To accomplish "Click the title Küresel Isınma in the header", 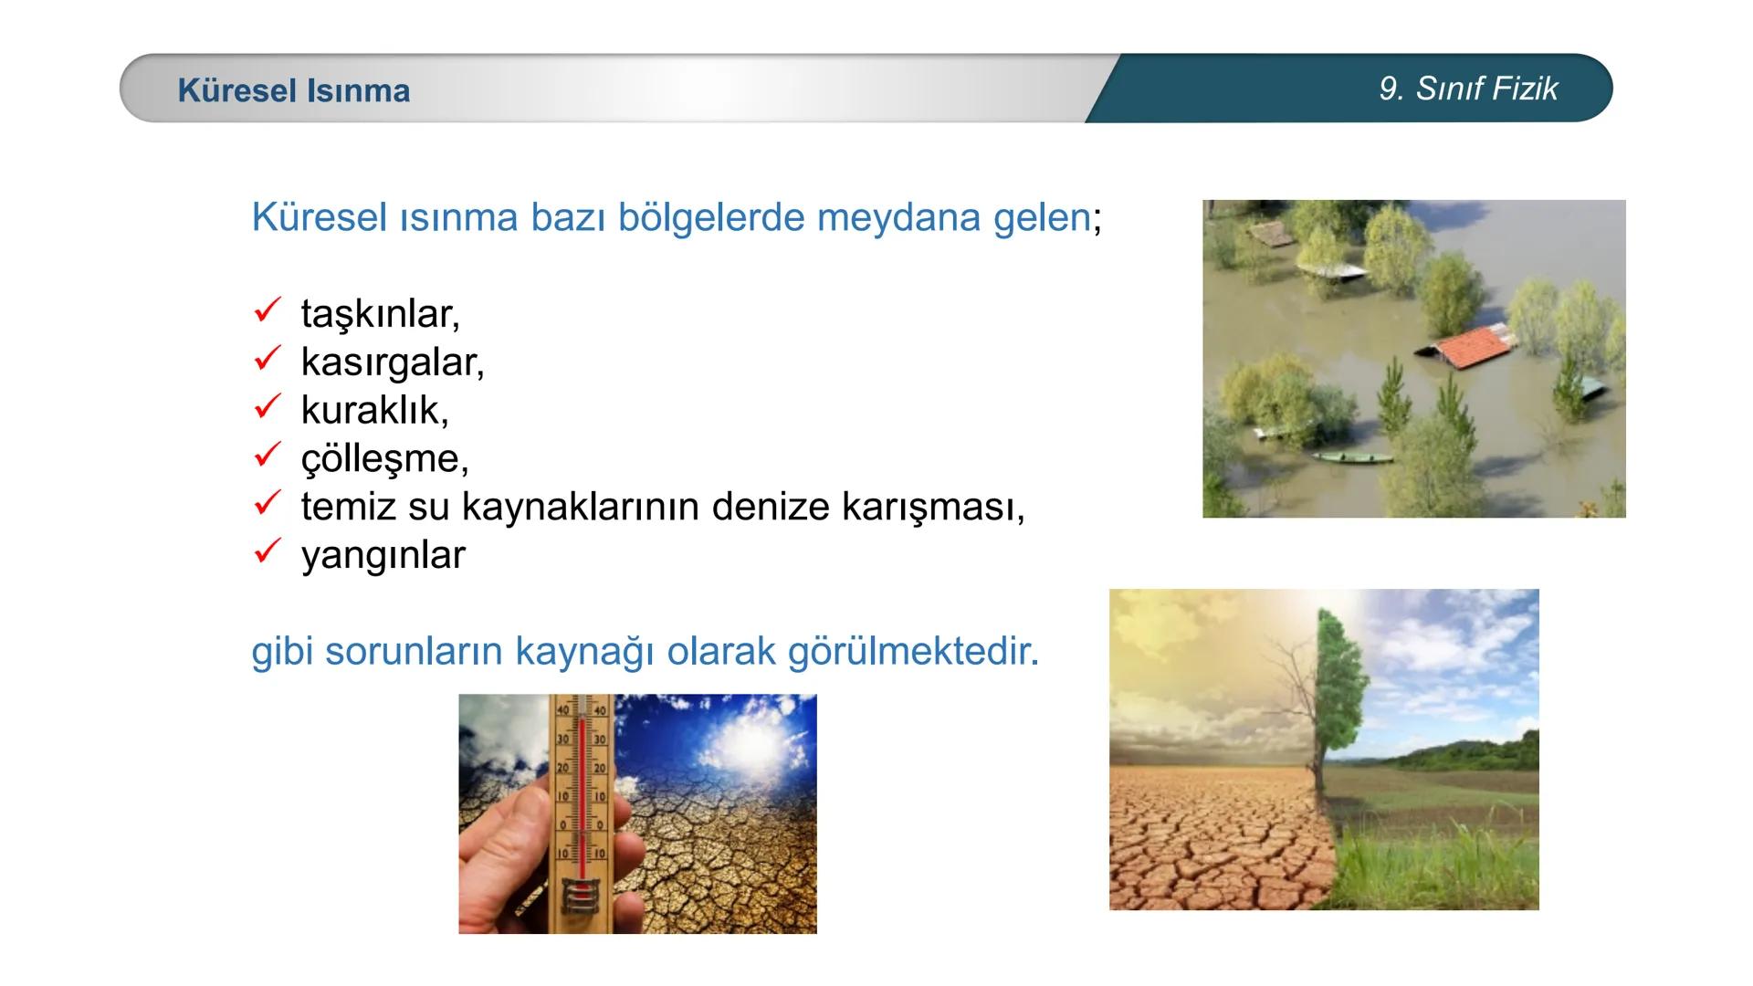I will pos(293,90).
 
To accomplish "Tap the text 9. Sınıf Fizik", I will pos(1468,89).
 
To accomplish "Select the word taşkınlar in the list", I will pos(380,314).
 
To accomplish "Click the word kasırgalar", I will pos(392,362).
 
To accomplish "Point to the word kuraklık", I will pos(374,411).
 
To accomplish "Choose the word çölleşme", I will pos(384,458).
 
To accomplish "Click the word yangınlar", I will pos(383,555).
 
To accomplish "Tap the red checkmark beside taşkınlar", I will pos(266,311).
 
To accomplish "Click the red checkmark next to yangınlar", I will pos(266,551).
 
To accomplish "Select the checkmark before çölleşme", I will pos(266,455).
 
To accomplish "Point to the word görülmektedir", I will pos(912,652).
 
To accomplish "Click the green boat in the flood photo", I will pos(1350,456).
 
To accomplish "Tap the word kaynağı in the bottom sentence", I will pos(583,652).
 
